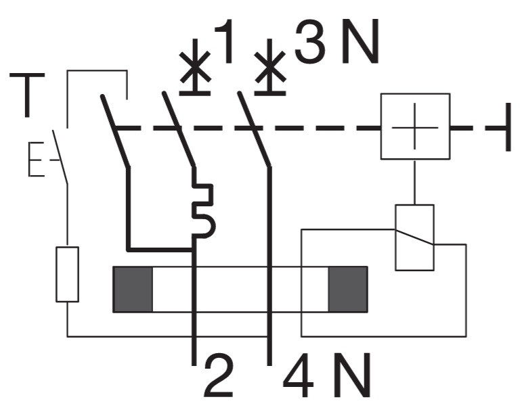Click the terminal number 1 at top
225,41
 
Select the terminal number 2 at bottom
218,375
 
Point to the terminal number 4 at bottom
298,375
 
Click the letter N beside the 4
352,375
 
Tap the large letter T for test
27,95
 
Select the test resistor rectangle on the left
67,274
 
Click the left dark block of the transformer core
133,289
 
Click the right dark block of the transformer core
348,289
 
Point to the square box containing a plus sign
415,127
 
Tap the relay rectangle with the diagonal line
414,237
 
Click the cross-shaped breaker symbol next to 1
195,67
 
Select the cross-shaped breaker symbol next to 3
270,67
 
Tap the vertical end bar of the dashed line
508,127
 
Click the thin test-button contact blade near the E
60,157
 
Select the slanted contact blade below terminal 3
255,129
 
